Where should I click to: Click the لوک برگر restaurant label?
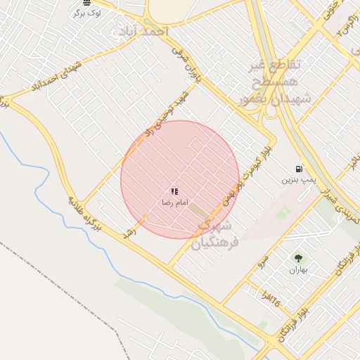(86, 13)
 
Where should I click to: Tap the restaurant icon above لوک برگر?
(86, 3)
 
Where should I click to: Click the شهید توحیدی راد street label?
(167, 112)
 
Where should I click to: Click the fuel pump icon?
(300, 169)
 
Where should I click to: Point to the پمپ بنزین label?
(297, 180)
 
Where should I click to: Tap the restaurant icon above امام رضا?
(174, 191)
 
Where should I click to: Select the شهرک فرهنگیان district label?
(219, 233)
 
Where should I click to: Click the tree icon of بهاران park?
(297, 258)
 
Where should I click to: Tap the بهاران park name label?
(297, 269)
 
